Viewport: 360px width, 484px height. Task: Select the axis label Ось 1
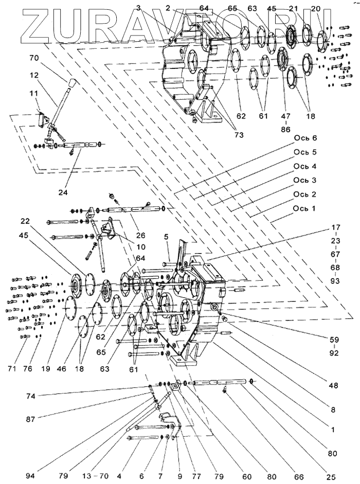click(306, 207)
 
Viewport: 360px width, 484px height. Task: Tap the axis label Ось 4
click(306, 166)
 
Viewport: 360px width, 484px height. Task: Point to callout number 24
click(63, 193)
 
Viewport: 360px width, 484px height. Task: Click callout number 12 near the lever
click(34, 76)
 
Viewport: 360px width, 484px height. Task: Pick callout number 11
click(34, 94)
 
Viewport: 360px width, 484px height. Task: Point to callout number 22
click(26, 222)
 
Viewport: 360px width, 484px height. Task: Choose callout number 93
click(335, 281)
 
